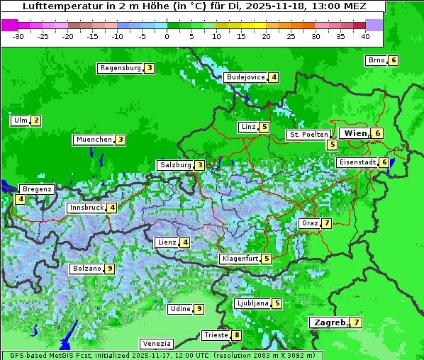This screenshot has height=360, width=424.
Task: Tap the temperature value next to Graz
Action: [325, 223]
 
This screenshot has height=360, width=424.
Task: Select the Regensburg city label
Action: [121, 68]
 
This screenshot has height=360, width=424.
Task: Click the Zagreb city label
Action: [328, 322]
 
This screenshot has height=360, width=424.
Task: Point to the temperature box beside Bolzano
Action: [109, 269]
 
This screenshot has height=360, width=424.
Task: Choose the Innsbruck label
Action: [85, 208]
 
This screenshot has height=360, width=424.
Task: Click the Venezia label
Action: [155, 343]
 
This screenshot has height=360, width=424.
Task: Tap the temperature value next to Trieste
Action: [237, 335]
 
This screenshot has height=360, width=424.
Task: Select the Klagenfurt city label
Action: [240, 259]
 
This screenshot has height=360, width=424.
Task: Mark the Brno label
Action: [376, 60]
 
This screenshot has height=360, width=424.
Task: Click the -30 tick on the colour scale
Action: [18, 36]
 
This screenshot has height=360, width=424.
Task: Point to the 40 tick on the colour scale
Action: [365, 36]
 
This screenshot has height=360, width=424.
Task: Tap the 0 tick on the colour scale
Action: [167, 36]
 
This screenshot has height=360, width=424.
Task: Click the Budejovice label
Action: [245, 77]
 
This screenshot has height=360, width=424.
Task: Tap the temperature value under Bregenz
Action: [20, 200]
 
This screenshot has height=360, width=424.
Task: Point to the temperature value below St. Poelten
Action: [332, 145]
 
